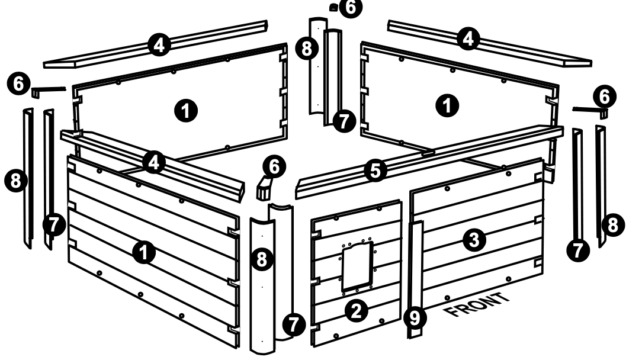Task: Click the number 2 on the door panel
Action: pos(357,311)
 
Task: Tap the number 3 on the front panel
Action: pos(474,240)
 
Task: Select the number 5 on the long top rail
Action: pos(375,171)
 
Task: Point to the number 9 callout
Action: pos(415,318)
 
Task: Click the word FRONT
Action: pos(477,305)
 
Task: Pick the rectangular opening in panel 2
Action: pos(358,266)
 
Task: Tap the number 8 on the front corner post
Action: pos(262,259)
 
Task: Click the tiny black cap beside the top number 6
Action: pos(333,7)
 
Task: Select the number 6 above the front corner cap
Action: pos(274,166)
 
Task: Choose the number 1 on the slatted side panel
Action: pos(144,252)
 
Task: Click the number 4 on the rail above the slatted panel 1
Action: pos(153,163)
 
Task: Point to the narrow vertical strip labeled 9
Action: pos(416,279)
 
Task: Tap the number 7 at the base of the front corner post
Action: pos(294,325)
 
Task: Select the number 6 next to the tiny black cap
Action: pos(351,7)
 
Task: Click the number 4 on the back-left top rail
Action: pos(159,44)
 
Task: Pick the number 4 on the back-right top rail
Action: pos(468,39)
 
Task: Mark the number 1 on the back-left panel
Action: pos(186,111)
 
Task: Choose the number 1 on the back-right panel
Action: pos(448,105)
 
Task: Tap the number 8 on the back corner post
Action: pos(307,49)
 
